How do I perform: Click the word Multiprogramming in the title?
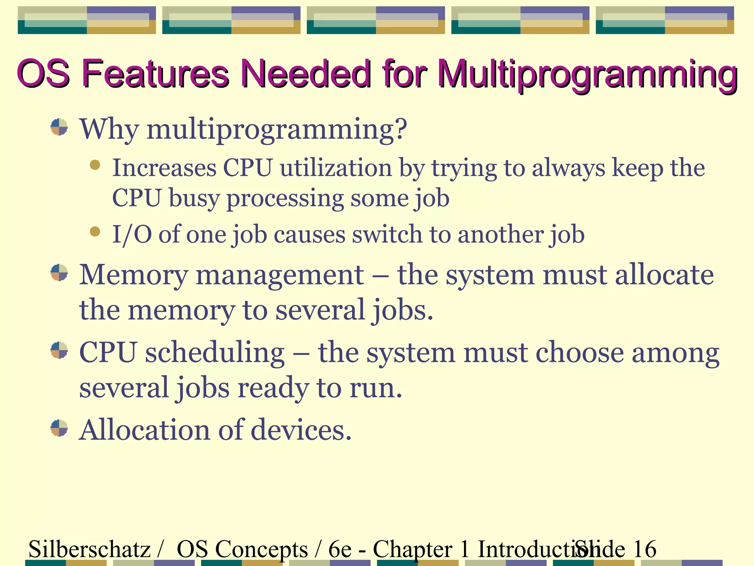[x=588, y=76]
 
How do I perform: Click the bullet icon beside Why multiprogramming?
[x=59, y=127]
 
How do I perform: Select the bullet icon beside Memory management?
[x=59, y=273]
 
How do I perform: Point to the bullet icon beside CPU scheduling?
[x=59, y=350]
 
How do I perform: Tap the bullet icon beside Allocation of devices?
[x=59, y=428]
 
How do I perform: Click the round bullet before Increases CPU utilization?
[x=95, y=165]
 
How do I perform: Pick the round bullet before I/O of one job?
[x=95, y=231]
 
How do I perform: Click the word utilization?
[x=336, y=168]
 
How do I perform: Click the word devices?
[x=301, y=430]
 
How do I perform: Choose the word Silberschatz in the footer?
[x=89, y=549]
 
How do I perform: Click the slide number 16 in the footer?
[x=645, y=549]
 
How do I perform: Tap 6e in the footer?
[x=340, y=549]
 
